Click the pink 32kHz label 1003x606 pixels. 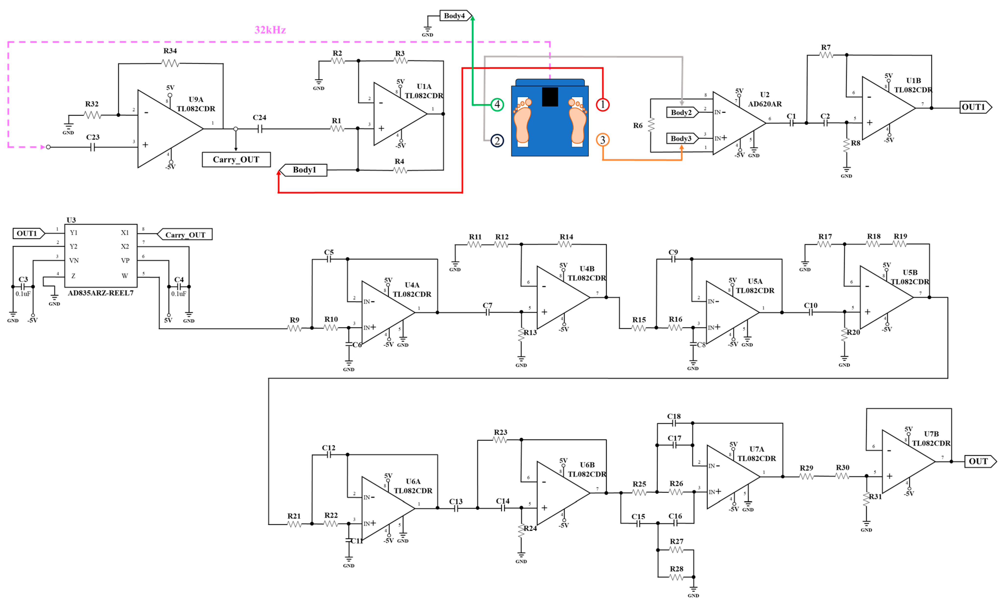[270, 30]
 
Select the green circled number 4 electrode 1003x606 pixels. [497, 105]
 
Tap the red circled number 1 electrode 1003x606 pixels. [603, 105]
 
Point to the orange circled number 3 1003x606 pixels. [603, 140]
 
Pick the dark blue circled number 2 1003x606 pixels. [497, 141]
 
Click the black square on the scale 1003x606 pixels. [550, 97]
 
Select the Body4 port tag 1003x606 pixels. [455, 16]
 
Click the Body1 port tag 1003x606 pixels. [304, 170]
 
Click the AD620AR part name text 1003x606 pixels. [764, 104]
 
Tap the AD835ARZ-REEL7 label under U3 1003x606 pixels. [100, 293]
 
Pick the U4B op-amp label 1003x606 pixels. [587, 269]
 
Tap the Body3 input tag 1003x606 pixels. [681, 138]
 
